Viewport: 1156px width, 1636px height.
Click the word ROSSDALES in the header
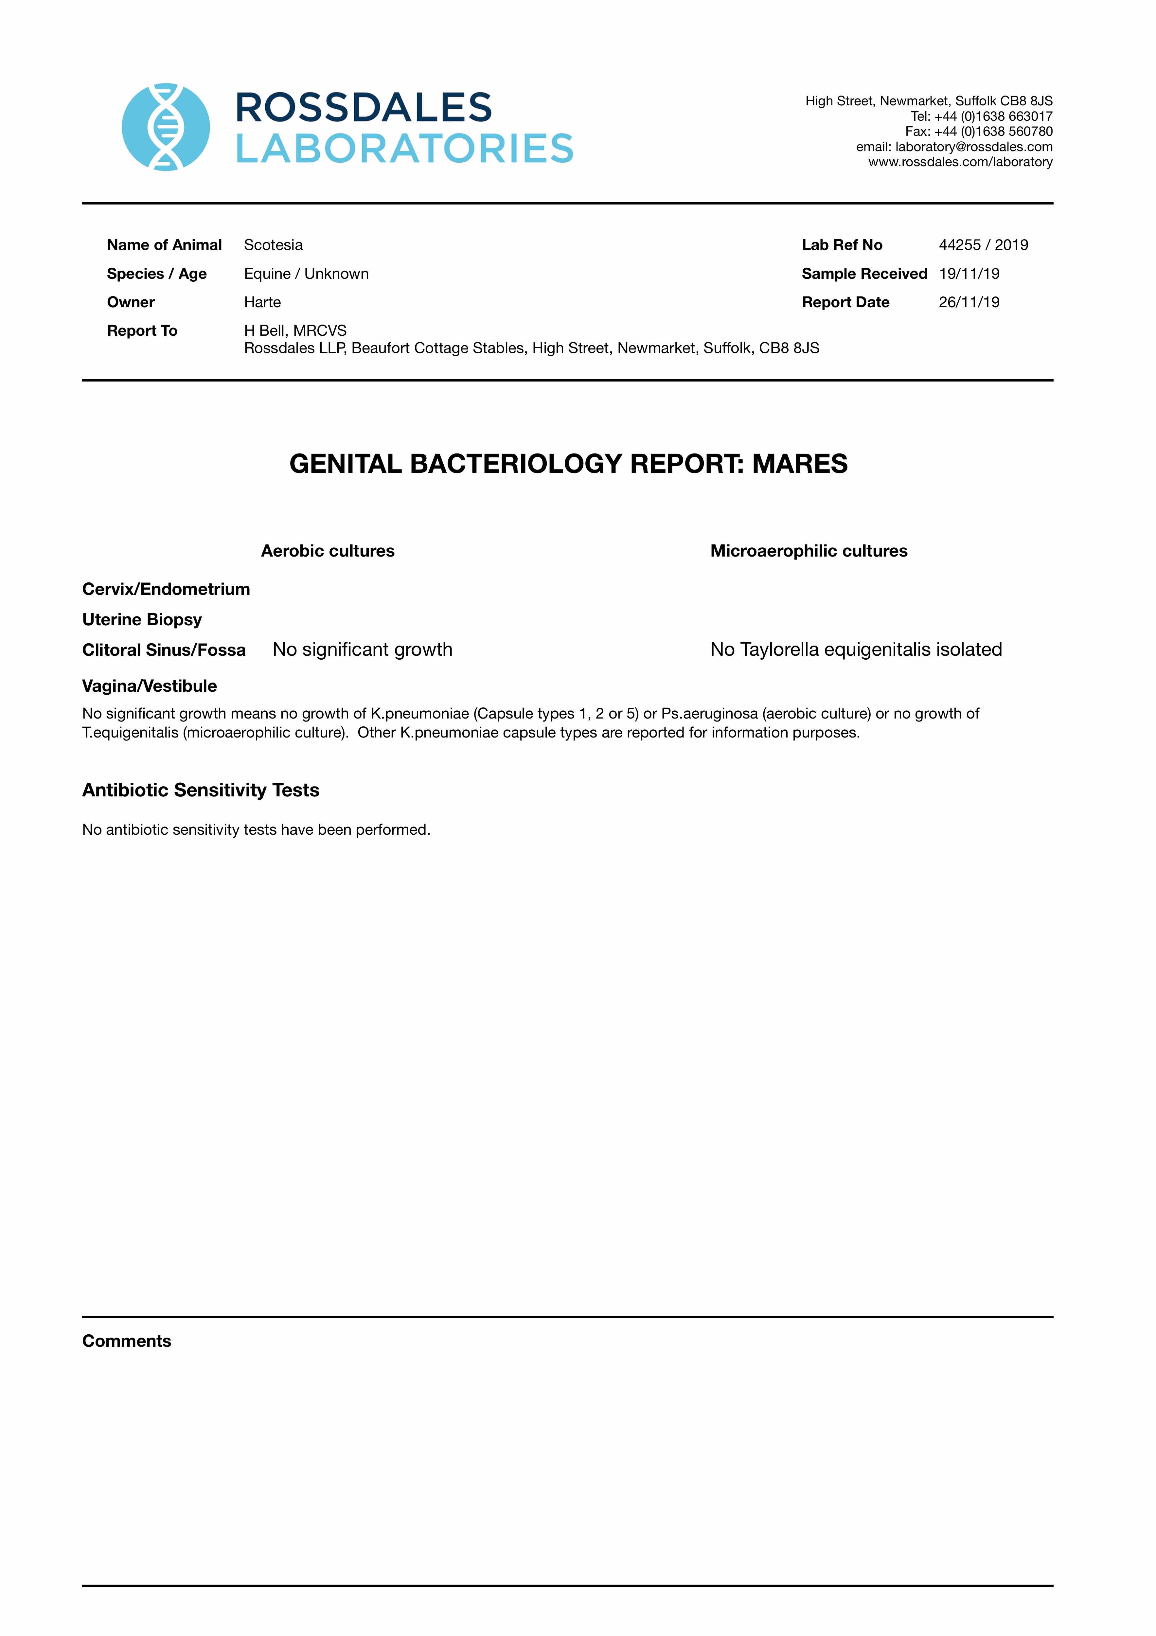364,108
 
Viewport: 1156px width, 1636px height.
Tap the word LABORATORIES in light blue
404,149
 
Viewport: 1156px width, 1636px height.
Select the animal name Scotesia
273,245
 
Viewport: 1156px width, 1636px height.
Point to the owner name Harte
262,302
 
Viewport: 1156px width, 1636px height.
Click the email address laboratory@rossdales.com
973,147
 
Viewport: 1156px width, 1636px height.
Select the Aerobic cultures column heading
328,551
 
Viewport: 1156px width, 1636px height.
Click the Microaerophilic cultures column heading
809,551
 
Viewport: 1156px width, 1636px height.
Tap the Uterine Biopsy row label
142,619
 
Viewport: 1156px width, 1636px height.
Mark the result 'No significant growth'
362,649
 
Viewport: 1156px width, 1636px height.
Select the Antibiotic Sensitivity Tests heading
200,790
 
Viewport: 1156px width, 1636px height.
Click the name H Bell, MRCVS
295,330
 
